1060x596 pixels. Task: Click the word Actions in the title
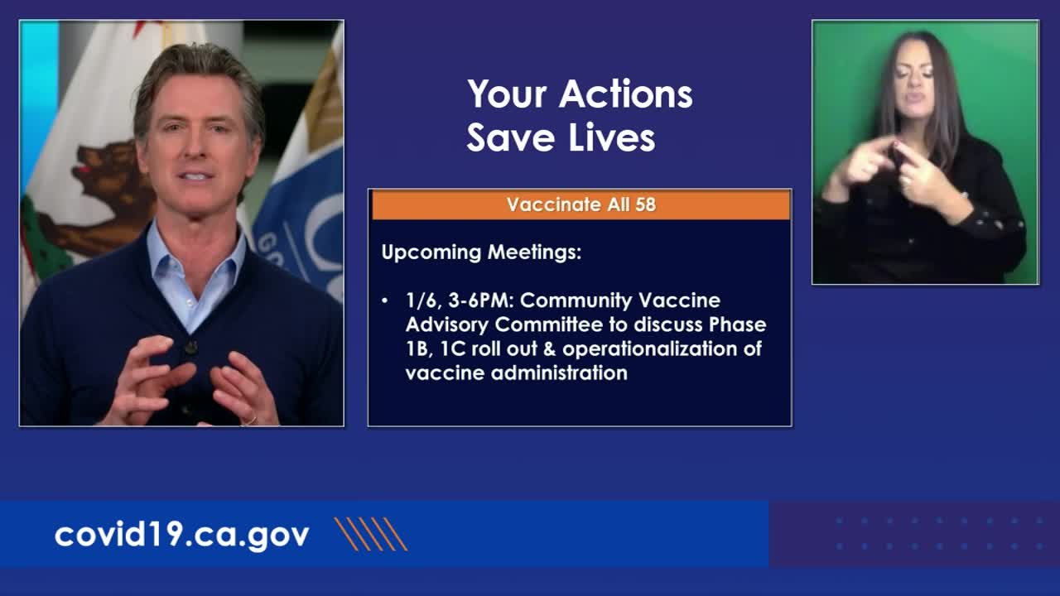click(x=625, y=94)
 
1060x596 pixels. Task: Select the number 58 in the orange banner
click(x=645, y=204)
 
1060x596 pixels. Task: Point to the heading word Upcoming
click(x=431, y=252)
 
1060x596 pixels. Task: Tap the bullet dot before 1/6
click(x=385, y=300)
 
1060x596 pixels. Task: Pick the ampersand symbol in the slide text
click(x=549, y=349)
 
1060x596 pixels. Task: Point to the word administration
click(x=559, y=373)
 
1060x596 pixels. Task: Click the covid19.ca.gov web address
click(x=181, y=536)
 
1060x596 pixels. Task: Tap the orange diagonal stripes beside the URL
click(x=371, y=534)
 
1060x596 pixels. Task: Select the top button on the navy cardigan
click(x=191, y=348)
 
